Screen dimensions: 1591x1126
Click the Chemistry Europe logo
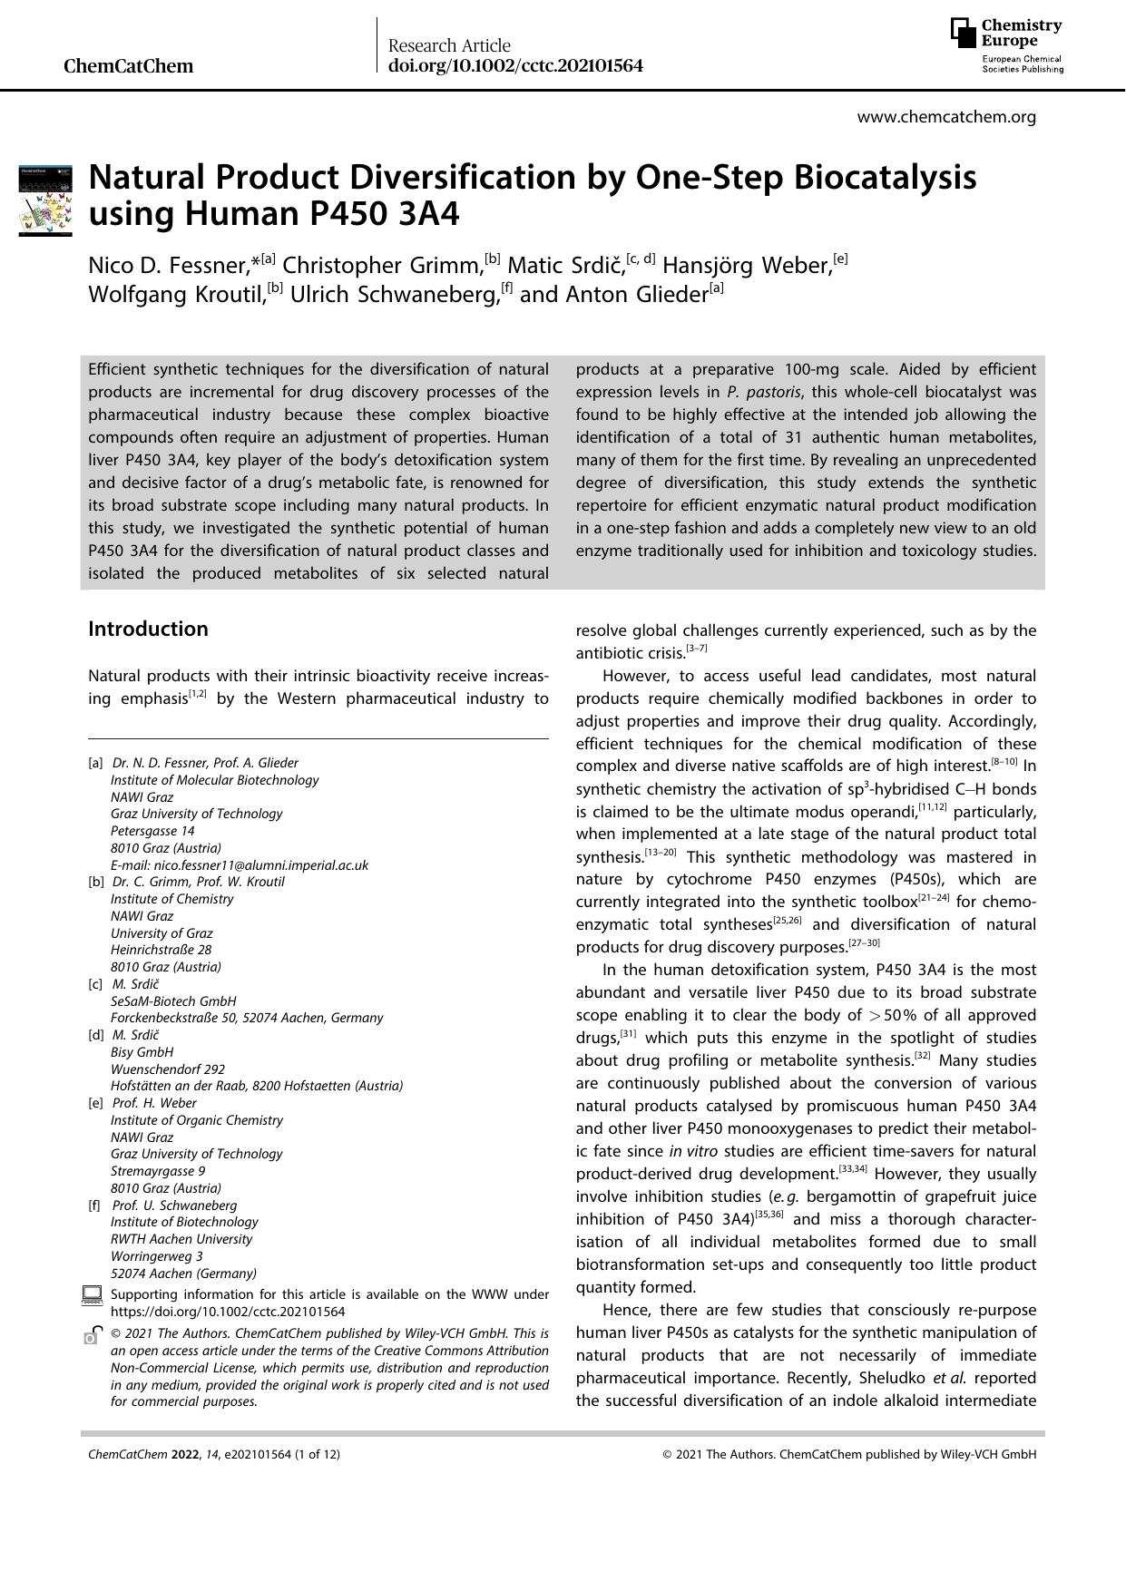tap(1006, 44)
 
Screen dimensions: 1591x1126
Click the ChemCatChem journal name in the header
tap(129, 66)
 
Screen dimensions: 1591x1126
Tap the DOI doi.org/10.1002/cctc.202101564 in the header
tap(515, 66)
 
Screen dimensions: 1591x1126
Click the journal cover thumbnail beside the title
tap(45, 200)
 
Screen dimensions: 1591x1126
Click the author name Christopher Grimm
tap(382, 266)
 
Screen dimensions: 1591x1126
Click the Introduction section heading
tap(148, 629)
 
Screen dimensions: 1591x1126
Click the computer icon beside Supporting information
tap(92, 1295)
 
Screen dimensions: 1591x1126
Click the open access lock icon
tap(92, 1334)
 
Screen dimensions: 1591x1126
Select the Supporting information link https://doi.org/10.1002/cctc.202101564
tap(228, 1312)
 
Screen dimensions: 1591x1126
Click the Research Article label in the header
tap(449, 45)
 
